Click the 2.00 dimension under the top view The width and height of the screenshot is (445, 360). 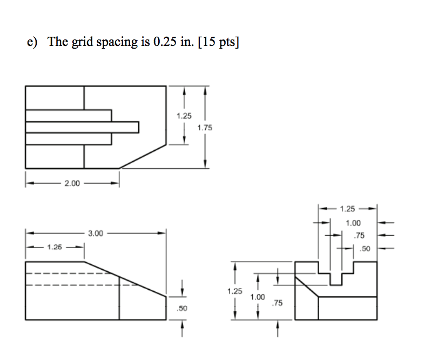(72, 184)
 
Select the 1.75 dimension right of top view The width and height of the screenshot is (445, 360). (205, 128)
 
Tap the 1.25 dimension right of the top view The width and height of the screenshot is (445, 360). (184, 116)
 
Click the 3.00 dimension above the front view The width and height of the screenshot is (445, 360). (95, 234)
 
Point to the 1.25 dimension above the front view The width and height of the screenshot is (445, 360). (55, 248)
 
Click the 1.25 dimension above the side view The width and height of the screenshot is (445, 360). (348, 208)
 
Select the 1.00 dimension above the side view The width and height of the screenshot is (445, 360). (353, 223)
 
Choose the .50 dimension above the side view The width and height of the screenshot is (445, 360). (366, 249)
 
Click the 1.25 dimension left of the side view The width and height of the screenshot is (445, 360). (235, 291)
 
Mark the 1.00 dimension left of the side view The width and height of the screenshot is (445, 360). (258, 297)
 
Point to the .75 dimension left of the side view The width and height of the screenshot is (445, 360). (277, 304)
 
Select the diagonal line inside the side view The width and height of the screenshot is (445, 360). (306, 285)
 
